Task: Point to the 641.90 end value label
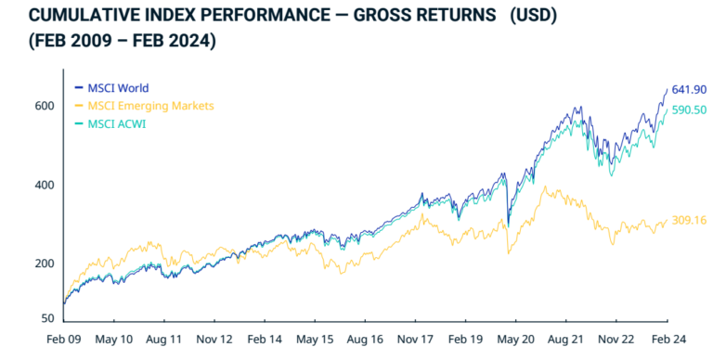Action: (689, 89)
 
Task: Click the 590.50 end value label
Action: (689, 109)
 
